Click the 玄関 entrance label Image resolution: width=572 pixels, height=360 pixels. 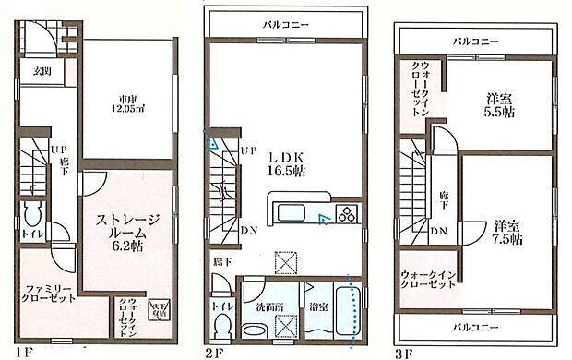pos(42,71)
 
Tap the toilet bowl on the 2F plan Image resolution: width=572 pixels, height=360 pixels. pos(222,327)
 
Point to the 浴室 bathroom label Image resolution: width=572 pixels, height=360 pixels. pos(319,304)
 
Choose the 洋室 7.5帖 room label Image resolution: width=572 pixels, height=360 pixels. pos(506,232)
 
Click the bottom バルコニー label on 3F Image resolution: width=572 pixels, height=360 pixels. pos(476,327)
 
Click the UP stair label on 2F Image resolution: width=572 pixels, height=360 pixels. pos(248,150)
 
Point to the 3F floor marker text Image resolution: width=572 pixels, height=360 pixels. pos(406,351)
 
